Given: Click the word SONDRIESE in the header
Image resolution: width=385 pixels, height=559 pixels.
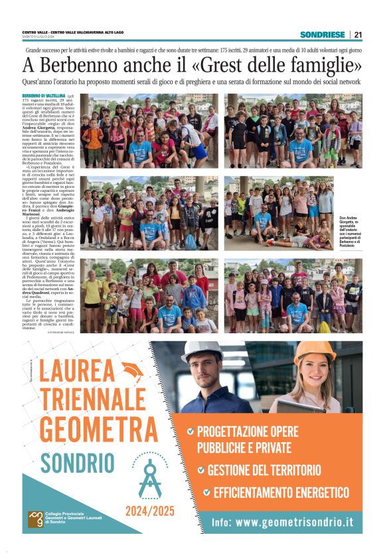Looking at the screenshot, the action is point(322,35).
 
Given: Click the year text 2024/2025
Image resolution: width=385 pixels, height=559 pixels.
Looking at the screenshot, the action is point(149,511).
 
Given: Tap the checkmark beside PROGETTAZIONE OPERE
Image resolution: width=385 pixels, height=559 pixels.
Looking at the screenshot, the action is point(191,431).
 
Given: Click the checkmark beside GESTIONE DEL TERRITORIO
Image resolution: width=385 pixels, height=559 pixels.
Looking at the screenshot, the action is point(200,470).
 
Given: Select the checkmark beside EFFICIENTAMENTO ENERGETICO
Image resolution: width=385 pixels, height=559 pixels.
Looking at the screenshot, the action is point(206,492).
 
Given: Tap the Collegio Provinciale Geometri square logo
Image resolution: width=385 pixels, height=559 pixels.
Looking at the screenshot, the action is point(35,517).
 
